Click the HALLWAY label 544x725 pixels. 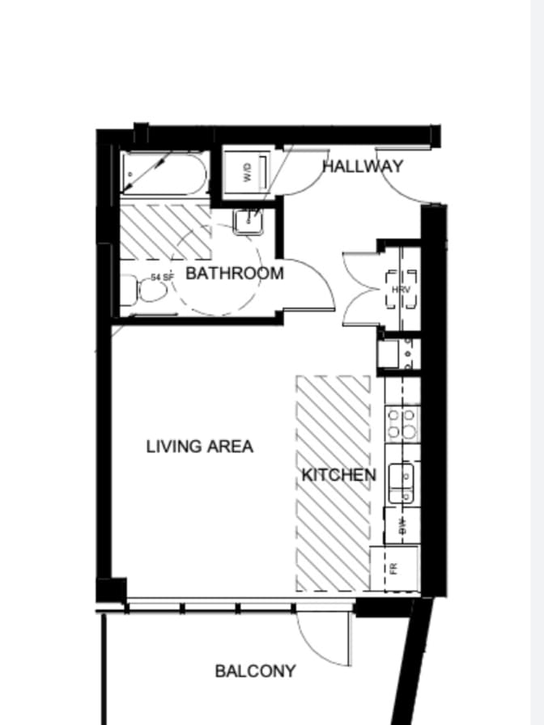point(363,167)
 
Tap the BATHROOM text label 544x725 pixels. point(235,273)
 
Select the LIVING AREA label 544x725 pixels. point(200,446)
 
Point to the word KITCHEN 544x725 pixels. point(338,475)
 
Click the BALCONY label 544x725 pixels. point(255,671)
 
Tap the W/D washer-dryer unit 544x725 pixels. point(248,172)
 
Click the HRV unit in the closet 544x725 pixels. point(401,290)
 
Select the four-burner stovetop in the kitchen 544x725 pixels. point(402,422)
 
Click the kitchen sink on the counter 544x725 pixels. point(402,481)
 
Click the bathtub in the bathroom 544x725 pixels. point(166,173)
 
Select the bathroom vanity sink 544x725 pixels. point(246,221)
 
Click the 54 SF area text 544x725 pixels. point(162,278)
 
